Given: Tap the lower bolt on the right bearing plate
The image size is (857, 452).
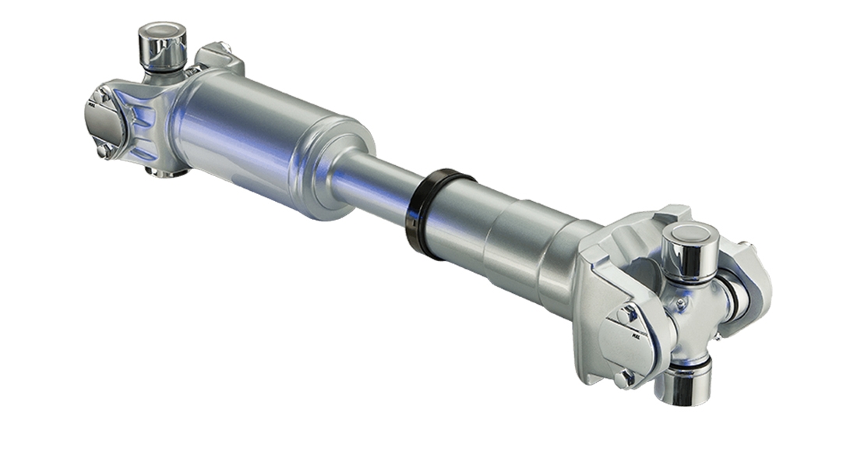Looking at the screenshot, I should pyautogui.click(x=623, y=378).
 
